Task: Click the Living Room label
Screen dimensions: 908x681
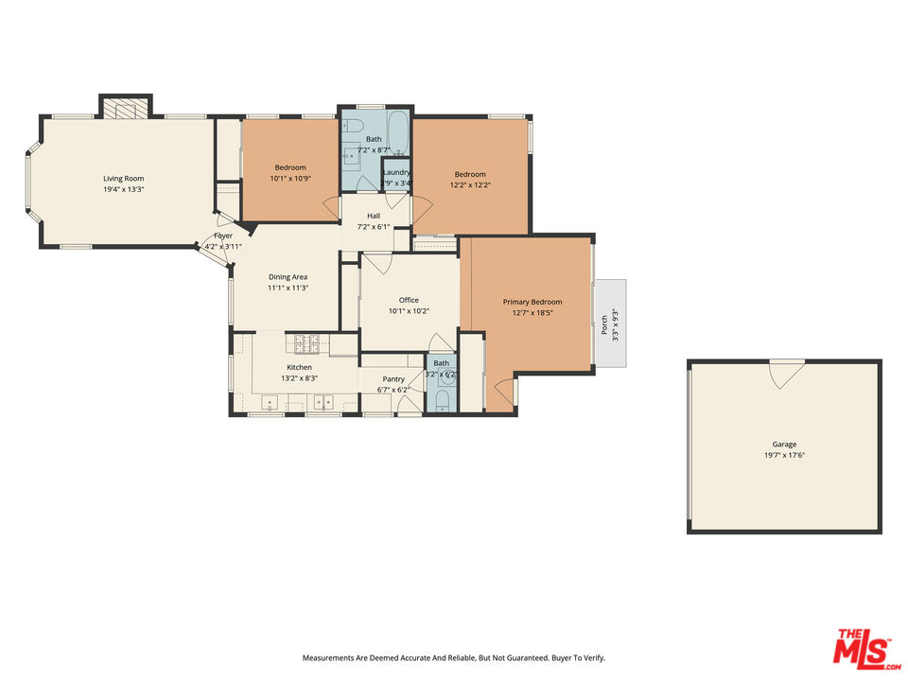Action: (123, 179)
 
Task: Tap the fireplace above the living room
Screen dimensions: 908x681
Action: (126, 107)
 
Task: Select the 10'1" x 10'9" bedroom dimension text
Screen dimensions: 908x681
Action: (290, 179)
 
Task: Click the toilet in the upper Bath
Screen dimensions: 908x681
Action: (354, 126)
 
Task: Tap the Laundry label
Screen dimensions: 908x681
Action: (396, 172)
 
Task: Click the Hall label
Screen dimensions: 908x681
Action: (374, 216)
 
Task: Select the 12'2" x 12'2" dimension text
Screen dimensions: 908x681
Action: (470, 185)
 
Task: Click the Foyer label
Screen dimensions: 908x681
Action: (223, 236)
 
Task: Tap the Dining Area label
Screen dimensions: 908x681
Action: (288, 277)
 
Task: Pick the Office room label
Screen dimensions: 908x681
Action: (409, 300)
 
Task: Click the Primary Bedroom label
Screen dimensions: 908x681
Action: (533, 302)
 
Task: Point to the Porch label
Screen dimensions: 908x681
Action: (604, 324)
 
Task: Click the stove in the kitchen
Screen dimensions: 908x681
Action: (306, 344)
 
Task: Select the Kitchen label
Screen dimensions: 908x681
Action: (300, 367)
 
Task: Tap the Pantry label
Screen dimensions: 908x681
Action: (393, 378)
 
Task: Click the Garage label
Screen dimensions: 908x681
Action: (784, 445)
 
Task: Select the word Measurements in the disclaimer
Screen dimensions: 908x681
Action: (325, 658)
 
